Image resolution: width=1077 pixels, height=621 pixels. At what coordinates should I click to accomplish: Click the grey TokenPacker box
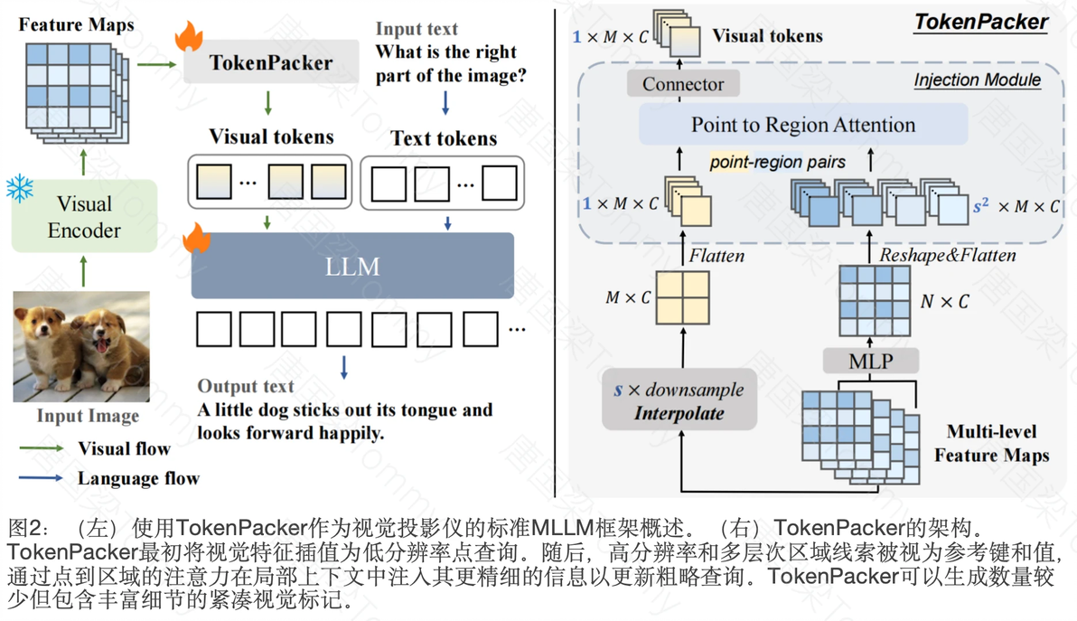pyautogui.click(x=271, y=62)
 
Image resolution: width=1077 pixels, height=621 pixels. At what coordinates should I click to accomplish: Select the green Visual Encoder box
pyautogui.click(x=84, y=217)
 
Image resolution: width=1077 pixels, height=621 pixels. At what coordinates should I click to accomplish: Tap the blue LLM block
pyautogui.click(x=352, y=267)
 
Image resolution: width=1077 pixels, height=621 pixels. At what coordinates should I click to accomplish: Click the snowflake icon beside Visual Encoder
pyautogui.click(x=20, y=189)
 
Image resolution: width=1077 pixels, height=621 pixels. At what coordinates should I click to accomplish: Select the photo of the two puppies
pyautogui.click(x=81, y=346)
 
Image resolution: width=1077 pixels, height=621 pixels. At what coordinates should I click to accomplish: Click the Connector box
pyautogui.click(x=683, y=84)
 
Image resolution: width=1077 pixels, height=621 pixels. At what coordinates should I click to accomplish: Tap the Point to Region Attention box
pyautogui.click(x=803, y=125)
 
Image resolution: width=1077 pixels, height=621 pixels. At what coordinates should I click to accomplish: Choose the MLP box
pyautogui.click(x=871, y=362)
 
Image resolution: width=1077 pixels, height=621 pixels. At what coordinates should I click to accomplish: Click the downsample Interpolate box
pyautogui.click(x=679, y=401)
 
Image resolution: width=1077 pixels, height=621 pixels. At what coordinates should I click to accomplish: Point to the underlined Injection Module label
pyautogui.click(x=977, y=80)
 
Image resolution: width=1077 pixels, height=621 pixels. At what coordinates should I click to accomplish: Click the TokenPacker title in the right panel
pyautogui.click(x=981, y=23)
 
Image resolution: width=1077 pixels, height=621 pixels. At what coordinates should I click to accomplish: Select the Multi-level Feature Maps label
pyautogui.click(x=991, y=443)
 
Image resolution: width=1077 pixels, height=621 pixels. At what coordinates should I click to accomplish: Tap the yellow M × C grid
pyautogui.click(x=682, y=296)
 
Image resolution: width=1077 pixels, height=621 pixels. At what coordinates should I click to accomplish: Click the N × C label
pyautogui.click(x=944, y=301)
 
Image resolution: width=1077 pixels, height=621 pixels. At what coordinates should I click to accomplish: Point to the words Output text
pyautogui.click(x=246, y=386)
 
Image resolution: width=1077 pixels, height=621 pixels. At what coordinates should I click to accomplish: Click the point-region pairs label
pyautogui.click(x=778, y=163)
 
